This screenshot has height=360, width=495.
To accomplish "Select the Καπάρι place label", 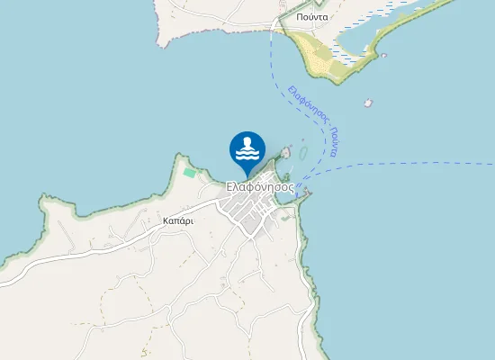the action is (x=178, y=220).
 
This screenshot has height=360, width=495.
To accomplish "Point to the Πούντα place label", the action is (x=310, y=16).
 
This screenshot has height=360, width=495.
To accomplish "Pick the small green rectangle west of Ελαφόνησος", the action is (x=189, y=172).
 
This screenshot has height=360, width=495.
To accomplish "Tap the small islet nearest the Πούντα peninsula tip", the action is (x=384, y=56).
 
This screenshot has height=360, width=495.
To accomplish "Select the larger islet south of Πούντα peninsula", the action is (x=368, y=103).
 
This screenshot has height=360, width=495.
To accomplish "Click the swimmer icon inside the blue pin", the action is (x=247, y=145).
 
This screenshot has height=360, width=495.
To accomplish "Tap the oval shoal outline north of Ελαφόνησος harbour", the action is (x=303, y=152).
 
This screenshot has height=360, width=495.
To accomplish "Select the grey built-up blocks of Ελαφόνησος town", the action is (x=252, y=214).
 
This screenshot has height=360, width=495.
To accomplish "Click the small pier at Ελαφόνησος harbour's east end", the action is (x=307, y=192).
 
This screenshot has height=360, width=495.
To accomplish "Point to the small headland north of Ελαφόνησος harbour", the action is (x=286, y=149).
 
